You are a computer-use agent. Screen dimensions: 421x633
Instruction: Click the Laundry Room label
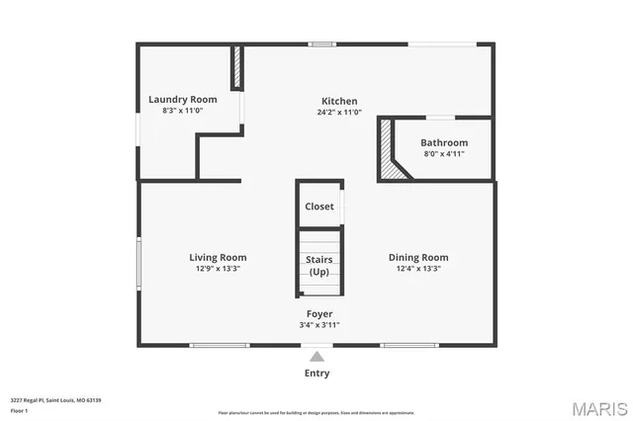tap(183, 99)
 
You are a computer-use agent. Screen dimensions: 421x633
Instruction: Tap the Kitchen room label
tap(339, 101)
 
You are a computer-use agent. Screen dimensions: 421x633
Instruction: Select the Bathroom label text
tap(444, 142)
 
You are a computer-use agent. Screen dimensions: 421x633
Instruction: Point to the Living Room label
tap(219, 257)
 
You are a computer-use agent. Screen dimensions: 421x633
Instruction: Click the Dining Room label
tap(418, 257)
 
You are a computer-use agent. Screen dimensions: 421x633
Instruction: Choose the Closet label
tap(319, 207)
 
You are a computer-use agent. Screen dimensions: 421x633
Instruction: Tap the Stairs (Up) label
tap(319, 266)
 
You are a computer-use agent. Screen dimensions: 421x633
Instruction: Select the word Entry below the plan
tap(316, 374)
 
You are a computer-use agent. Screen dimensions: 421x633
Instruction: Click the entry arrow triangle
tap(316, 357)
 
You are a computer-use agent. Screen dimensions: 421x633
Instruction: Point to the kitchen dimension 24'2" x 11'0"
tap(338, 113)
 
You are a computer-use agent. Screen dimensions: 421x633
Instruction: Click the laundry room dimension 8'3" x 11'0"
tap(183, 111)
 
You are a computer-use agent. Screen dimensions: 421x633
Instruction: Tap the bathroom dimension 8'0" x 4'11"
tap(444, 154)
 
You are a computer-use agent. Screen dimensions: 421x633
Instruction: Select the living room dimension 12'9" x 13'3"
tap(219, 268)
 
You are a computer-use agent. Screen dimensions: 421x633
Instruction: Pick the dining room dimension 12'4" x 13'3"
tap(418, 268)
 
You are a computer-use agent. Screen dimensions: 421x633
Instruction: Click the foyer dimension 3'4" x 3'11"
tap(319, 324)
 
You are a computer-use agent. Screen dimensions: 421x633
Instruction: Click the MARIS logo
tap(599, 407)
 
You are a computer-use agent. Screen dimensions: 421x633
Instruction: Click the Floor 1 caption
tap(19, 410)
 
